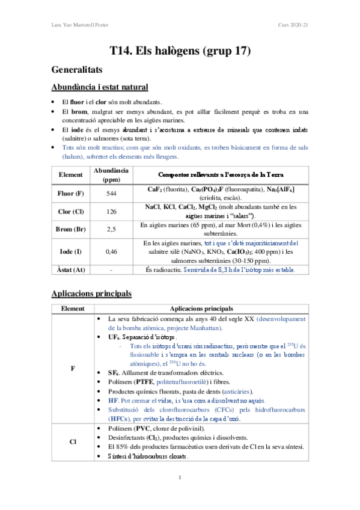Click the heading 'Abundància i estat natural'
pyautogui.click(x=100, y=87)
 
